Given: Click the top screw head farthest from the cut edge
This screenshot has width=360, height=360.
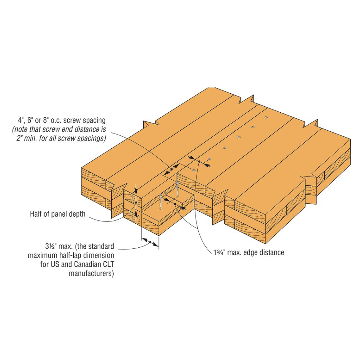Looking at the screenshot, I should point(266,117).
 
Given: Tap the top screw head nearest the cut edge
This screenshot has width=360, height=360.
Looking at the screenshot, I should point(194,169).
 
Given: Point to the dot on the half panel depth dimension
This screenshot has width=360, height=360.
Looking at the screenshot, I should point(136,203).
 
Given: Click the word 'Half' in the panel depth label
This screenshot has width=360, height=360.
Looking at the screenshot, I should point(37,214).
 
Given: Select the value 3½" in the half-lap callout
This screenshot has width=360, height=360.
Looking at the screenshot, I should point(51,247).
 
